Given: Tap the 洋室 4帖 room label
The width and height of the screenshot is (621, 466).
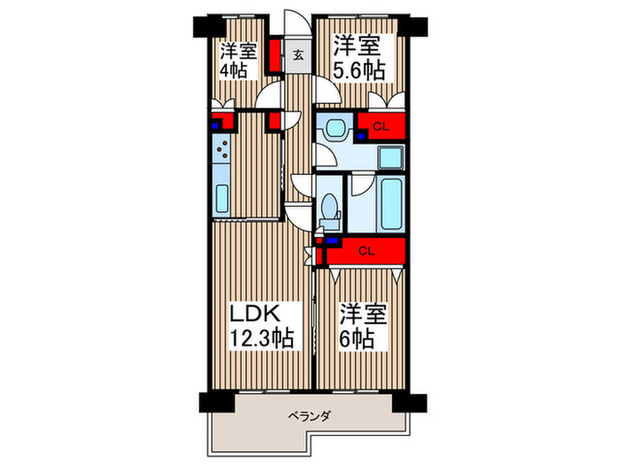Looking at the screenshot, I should tap(239, 59).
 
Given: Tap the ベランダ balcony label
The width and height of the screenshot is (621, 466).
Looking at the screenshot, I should tap(310, 415).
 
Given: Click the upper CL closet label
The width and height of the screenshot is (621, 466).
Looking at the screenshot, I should tap(380, 126).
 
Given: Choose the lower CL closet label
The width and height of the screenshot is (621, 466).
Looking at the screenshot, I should tap(366, 251).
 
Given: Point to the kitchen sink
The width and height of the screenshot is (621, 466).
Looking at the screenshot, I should tap(222, 198).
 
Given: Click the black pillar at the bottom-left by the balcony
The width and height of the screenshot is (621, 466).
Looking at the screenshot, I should tap(206, 401).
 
